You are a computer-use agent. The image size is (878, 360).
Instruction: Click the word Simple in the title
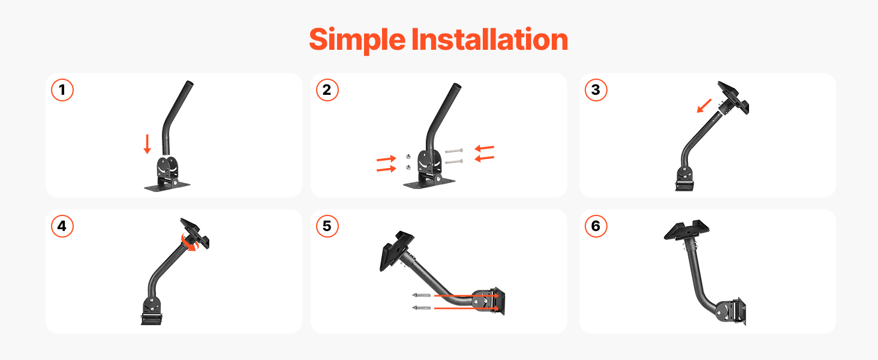coord(357,40)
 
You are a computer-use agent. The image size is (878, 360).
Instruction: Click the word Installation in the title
coord(489,39)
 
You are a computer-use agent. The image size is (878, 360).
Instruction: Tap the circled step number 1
coord(62,90)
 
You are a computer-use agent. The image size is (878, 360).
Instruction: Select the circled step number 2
coord(327,90)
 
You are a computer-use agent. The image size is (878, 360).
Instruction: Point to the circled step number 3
coord(596,90)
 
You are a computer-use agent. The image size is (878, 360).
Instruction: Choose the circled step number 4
coord(62,226)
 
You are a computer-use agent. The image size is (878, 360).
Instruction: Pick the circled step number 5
coord(327,226)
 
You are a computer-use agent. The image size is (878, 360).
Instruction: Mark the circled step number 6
coord(596,226)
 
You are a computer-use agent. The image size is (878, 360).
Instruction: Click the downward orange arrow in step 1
coord(148,144)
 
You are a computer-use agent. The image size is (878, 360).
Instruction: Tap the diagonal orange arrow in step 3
coord(704,106)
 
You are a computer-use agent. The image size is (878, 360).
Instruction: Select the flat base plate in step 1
coord(167,186)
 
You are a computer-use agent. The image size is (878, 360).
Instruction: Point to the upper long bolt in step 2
coord(454,151)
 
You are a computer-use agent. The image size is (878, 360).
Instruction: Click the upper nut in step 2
coord(408,157)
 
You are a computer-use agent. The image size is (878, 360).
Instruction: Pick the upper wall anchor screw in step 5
coord(422,295)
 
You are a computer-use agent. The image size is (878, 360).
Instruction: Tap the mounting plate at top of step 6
coord(686,230)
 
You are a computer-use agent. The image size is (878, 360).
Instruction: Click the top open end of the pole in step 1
coord(190,83)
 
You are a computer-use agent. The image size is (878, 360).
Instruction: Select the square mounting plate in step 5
coord(396,250)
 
